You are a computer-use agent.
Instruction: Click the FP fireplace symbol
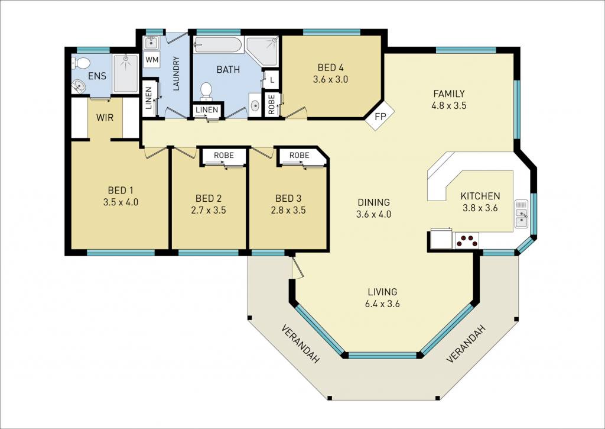(380, 115)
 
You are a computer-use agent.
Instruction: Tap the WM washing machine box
(152, 60)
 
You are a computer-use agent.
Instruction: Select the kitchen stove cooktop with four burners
(467, 240)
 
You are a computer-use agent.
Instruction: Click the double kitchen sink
(521, 214)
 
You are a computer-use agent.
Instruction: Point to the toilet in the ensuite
(81, 62)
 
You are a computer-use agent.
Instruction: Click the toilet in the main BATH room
(206, 91)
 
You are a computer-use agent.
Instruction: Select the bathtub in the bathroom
(219, 45)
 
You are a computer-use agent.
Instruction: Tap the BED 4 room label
(330, 67)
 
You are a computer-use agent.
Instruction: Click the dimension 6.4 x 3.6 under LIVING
(382, 304)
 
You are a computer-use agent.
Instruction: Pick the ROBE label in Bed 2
(224, 156)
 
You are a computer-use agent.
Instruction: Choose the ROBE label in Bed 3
(300, 156)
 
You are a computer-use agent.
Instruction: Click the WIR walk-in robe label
(105, 117)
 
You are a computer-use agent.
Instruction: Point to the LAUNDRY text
(176, 73)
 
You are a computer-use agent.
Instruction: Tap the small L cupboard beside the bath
(272, 80)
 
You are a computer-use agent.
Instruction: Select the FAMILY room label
(449, 93)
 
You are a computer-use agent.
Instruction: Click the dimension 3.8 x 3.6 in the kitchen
(480, 208)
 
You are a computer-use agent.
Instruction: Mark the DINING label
(373, 202)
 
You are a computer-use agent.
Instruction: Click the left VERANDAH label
(301, 344)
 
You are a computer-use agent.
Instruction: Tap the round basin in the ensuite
(79, 86)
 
